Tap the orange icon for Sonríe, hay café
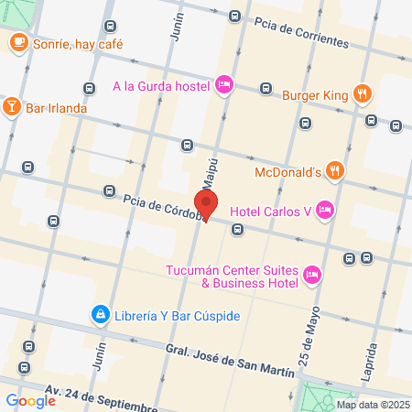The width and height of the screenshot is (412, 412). tap(18, 41)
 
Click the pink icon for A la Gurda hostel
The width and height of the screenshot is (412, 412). tap(224, 86)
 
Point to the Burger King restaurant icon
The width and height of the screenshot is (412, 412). tap(363, 92)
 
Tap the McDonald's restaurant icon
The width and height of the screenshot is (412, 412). tap(335, 169)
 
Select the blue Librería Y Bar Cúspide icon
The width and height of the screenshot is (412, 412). tap(97, 315)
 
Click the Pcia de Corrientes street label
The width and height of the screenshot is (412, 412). tap(302, 32)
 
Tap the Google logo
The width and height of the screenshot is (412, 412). tap(30, 400)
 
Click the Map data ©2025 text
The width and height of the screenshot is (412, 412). tap(372, 405)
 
